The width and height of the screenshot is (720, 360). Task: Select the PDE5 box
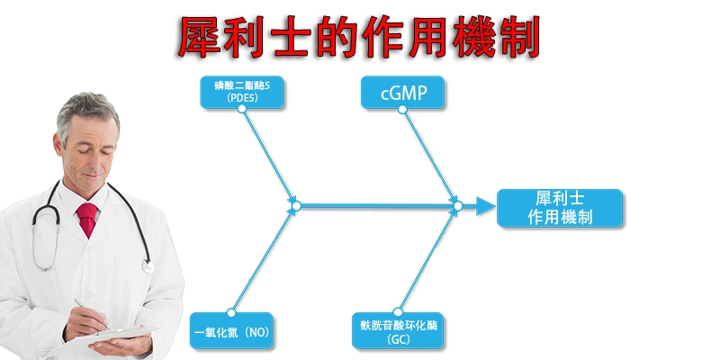242,91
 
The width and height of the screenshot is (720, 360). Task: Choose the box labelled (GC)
398,331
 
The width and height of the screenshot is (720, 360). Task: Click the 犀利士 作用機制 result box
560,207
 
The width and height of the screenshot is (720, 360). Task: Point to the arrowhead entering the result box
486,207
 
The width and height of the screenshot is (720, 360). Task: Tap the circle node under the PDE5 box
242,110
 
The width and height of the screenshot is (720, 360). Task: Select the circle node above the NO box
232,312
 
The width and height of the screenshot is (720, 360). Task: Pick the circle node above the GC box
398,312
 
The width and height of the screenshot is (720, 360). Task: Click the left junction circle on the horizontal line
294,206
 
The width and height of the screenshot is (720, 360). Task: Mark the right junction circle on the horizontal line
457,206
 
